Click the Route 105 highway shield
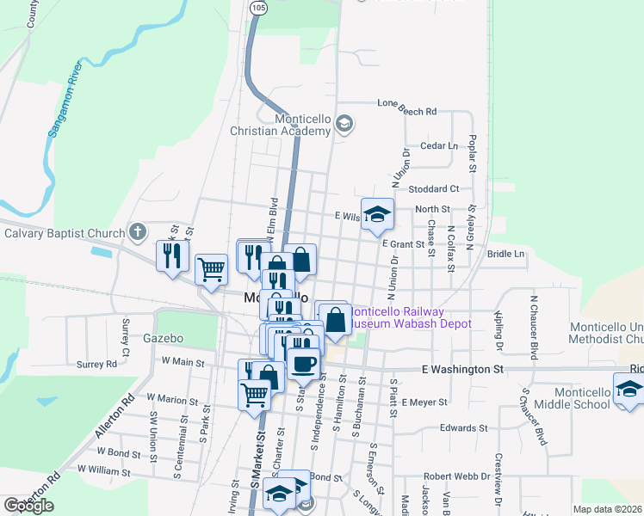(x=258, y=8)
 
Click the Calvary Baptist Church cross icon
(x=137, y=231)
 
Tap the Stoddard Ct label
(x=435, y=188)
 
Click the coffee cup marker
(x=302, y=363)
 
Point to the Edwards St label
(x=463, y=427)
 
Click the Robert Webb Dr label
(x=456, y=476)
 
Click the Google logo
(x=28, y=506)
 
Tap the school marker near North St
(x=377, y=215)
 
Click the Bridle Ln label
(x=505, y=255)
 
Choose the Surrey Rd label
(x=96, y=364)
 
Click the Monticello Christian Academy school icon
(x=344, y=125)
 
